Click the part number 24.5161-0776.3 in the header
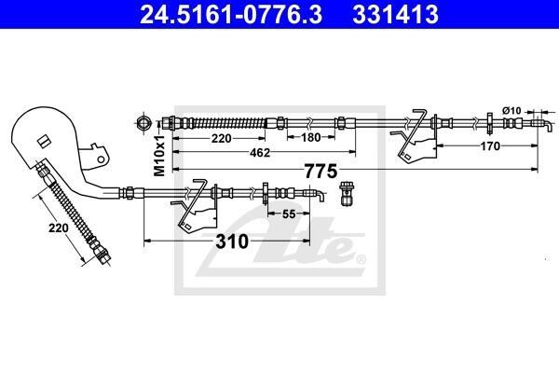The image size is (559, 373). pyautogui.click(x=231, y=14)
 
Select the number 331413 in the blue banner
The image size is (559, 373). pyautogui.click(x=395, y=14)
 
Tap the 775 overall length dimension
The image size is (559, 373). pyautogui.click(x=320, y=172)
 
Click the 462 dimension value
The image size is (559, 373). pyautogui.click(x=260, y=153)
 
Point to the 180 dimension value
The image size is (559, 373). pyautogui.click(x=311, y=137)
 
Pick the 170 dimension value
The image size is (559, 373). pyautogui.click(x=490, y=146)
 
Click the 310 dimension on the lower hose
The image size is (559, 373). pyautogui.click(x=232, y=242)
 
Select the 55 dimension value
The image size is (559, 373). pyautogui.click(x=289, y=214)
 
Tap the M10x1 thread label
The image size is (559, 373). pyautogui.click(x=159, y=156)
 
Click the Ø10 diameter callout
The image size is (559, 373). pyautogui.click(x=511, y=111)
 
